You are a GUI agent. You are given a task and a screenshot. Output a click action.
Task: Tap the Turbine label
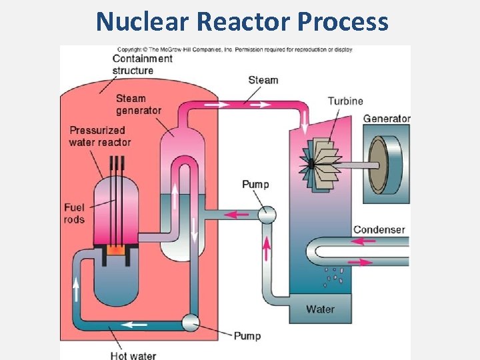click(345, 101)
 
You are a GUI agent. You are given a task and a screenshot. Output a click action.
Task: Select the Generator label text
click(386, 119)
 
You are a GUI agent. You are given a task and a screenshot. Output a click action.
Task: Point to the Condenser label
click(379, 229)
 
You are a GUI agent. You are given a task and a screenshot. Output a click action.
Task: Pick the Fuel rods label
click(74, 213)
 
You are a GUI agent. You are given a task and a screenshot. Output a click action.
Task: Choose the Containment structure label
click(142, 64)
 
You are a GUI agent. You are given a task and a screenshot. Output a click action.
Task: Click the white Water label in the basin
click(320, 309)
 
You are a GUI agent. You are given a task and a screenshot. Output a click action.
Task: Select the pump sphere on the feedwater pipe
click(267, 214)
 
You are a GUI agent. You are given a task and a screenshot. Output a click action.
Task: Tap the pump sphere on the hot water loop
click(191, 323)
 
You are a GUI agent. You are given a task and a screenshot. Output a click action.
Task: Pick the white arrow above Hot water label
click(137, 325)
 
